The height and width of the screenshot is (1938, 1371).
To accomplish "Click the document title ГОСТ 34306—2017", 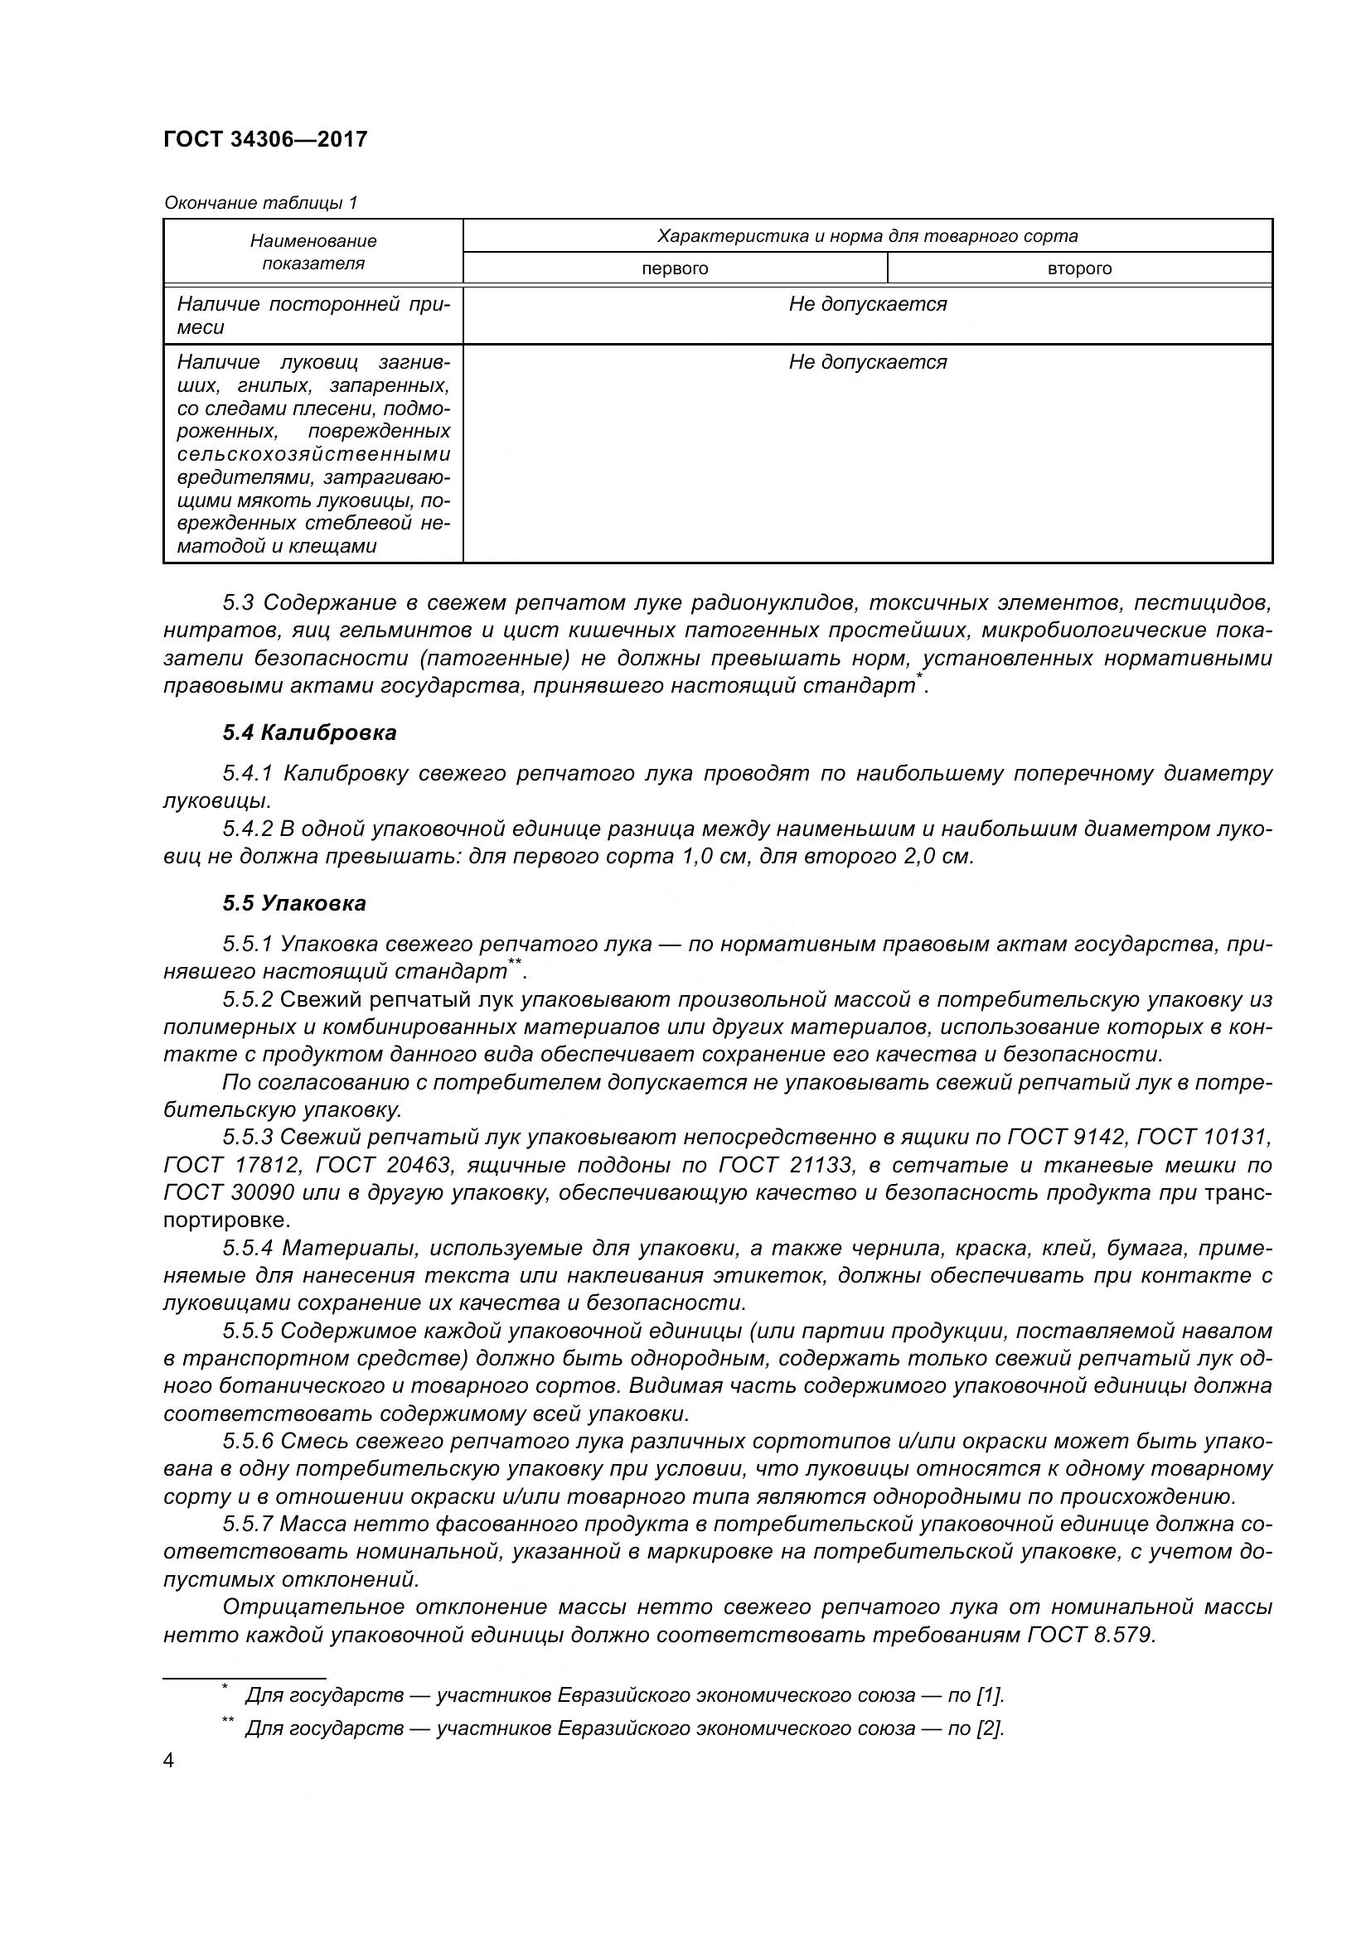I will tap(265, 139).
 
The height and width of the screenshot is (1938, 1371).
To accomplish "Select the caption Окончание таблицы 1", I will tap(261, 202).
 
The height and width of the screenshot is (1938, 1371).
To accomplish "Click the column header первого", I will tap(675, 268).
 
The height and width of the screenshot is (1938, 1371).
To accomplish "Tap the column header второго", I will tap(1079, 268).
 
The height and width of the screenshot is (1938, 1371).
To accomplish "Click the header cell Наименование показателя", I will tap(313, 252).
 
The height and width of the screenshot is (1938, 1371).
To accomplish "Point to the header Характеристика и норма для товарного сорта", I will tap(867, 235).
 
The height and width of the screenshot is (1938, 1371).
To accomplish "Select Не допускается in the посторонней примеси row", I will tap(867, 304).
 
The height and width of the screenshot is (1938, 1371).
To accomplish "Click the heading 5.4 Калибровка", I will tap(310, 732).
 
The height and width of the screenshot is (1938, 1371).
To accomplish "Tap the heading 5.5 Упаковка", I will tap(294, 903).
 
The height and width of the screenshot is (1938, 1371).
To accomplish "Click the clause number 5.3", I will tap(238, 602).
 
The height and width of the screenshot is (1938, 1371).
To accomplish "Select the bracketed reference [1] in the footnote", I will tap(990, 1695).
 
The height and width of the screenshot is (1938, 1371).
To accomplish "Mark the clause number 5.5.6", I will tap(248, 1442).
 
